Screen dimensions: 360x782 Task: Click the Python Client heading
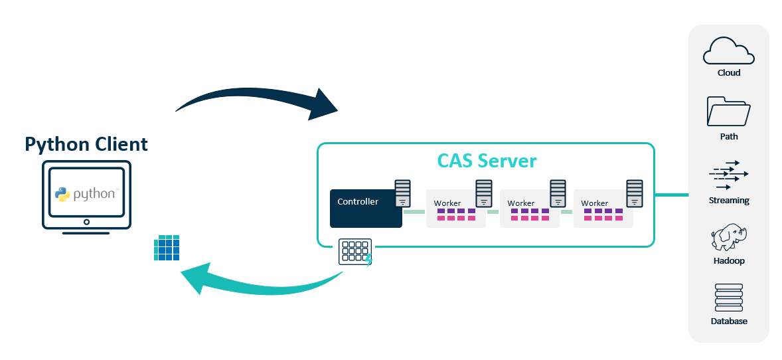pos(86,144)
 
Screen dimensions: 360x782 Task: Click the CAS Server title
pos(486,161)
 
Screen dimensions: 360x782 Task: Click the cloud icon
pos(728,51)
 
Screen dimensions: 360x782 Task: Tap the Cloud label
pos(728,73)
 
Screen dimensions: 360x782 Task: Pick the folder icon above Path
pos(728,112)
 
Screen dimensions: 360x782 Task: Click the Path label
pos(728,136)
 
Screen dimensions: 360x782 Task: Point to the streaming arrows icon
pos(728,175)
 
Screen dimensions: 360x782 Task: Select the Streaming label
pos(728,200)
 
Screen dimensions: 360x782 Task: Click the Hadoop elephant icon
pos(728,237)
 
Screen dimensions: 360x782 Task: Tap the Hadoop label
pos(728,261)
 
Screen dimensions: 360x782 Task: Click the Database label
pos(728,321)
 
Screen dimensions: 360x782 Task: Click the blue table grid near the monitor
pos(166,248)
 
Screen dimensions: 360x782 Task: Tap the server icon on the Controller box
pos(403,193)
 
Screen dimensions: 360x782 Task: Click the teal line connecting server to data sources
pos(671,195)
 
